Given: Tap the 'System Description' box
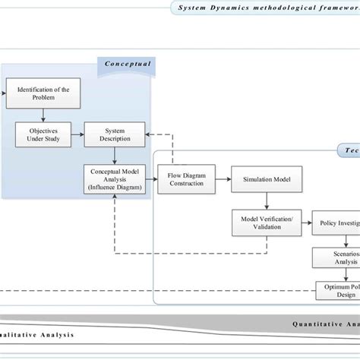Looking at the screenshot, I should point(115,134).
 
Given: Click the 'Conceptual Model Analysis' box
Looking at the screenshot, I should point(115,179).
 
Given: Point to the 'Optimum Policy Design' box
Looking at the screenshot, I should point(337,290).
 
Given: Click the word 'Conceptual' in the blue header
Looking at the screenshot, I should point(128,65).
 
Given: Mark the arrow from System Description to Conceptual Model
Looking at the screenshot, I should point(115,156).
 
